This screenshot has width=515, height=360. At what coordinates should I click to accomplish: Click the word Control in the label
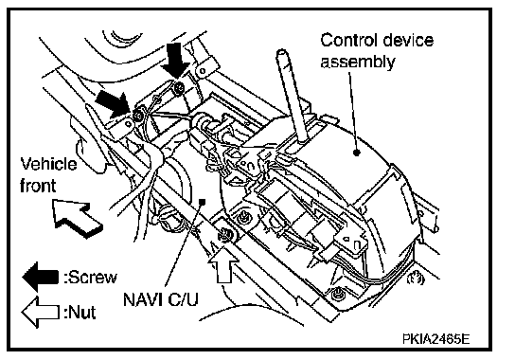348,41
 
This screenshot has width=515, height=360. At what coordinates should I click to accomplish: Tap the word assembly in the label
357,63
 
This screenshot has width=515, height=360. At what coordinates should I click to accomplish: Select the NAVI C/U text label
161,298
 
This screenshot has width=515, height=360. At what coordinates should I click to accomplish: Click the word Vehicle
48,164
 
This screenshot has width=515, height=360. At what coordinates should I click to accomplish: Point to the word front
38,186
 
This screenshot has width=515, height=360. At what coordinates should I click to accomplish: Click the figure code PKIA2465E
435,338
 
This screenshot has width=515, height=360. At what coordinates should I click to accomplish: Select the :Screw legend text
91,278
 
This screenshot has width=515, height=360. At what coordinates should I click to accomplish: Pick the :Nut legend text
80,312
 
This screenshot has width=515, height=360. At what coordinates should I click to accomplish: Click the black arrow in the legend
41,277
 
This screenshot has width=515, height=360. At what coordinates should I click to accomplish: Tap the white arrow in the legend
40,312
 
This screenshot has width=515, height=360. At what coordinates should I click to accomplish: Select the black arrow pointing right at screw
114,102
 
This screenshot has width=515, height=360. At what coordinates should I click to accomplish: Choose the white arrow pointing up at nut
223,264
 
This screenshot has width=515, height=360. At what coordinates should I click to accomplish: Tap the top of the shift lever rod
282,52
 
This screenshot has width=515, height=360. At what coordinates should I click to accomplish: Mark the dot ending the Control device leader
356,153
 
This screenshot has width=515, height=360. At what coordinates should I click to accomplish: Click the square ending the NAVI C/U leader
203,201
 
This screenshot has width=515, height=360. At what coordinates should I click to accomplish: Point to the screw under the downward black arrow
179,87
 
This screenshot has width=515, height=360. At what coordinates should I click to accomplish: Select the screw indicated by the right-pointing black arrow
138,115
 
